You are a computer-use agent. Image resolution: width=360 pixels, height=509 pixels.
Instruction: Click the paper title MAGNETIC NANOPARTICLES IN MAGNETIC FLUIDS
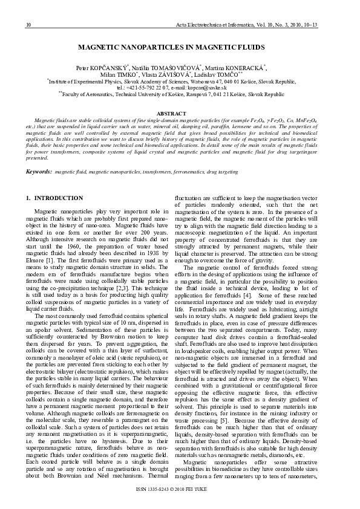tap(180, 46)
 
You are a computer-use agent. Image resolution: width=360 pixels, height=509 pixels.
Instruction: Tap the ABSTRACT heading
tap(180, 114)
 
